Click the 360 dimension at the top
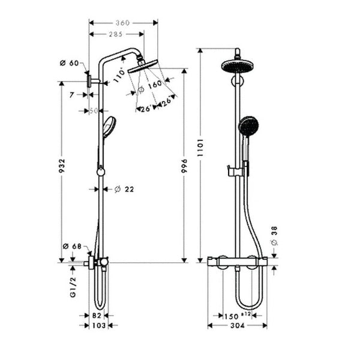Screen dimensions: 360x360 click(x=123, y=22)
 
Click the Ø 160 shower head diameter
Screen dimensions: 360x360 click(x=151, y=85)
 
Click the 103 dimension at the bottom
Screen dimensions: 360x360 click(x=99, y=325)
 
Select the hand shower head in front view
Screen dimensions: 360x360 click(x=248, y=127)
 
